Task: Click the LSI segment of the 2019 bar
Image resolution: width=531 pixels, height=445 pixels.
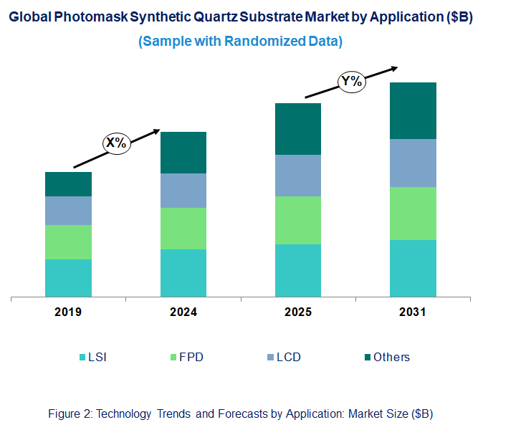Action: tap(68, 277)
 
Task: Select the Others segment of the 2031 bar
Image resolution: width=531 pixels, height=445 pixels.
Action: tap(413, 110)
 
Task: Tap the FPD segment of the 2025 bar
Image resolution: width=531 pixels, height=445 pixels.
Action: tap(298, 220)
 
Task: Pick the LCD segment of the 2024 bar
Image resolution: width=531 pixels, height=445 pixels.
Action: tap(183, 191)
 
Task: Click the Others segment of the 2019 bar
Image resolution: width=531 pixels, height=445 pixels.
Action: tap(68, 184)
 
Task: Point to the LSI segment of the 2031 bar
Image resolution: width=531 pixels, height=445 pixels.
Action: tap(413, 268)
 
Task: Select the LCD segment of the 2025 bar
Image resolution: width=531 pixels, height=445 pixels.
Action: tap(298, 176)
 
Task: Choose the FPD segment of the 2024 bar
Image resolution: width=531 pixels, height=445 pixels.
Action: tap(183, 229)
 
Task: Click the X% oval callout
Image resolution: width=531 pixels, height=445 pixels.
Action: tap(116, 143)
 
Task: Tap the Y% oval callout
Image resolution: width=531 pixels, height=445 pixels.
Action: tap(351, 82)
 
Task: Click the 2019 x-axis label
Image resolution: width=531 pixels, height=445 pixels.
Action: tap(68, 312)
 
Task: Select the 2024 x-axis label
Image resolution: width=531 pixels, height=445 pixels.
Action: tap(183, 312)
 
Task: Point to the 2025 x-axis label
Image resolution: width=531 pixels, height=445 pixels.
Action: tap(298, 312)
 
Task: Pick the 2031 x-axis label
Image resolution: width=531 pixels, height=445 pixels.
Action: tap(413, 312)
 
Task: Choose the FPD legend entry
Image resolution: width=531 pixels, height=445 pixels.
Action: tap(186, 357)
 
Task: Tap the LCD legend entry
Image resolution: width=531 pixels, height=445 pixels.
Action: tap(282, 357)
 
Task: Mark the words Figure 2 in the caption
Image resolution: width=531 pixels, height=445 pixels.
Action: tap(69, 413)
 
